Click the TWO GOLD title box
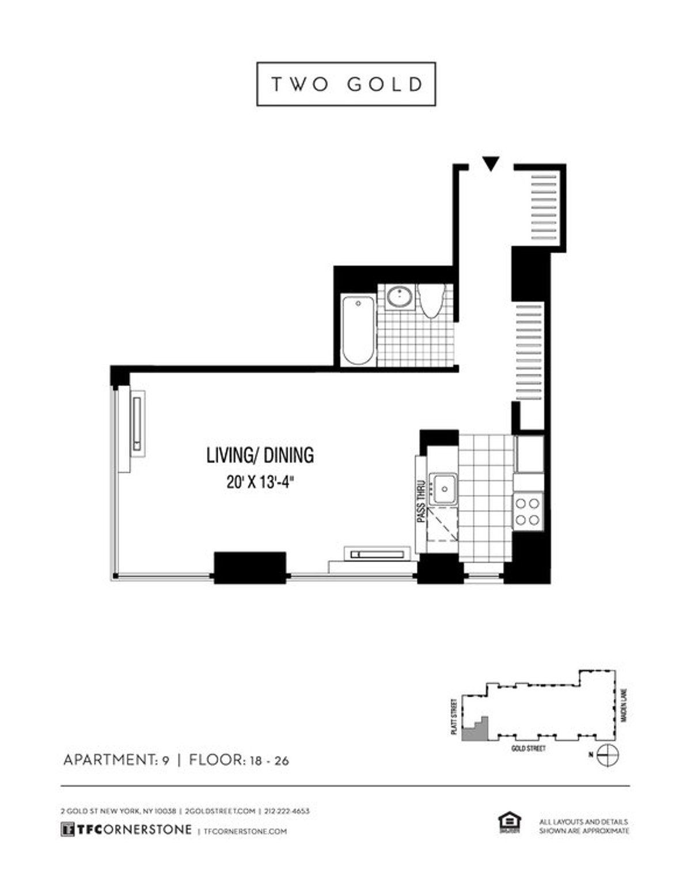click(345, 84)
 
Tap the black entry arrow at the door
click(490, 164)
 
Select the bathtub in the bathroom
click(358, 329)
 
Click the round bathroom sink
click(398, 298)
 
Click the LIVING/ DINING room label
click(260, 455)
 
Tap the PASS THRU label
click(421, 501)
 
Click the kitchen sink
click(443, 490)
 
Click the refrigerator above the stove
click(529, 454)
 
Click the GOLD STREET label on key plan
click(528, 749)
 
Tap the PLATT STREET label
click(455, 716)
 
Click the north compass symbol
click(608, 754)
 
